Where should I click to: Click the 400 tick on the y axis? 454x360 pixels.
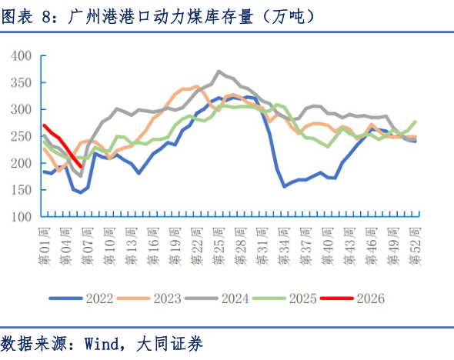click(20, 56)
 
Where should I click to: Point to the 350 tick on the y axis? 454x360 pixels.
click(20, 83)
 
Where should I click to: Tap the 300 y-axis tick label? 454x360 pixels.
click(20, 110)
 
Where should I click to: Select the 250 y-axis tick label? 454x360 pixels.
click(20, 137)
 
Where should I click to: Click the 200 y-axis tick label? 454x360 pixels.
click(20, 164)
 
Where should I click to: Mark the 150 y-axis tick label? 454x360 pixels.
click(20, 191)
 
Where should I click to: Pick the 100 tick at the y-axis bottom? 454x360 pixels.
click(20, 218)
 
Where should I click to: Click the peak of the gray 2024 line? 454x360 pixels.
click(220, 72)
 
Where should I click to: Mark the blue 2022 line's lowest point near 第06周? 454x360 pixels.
click(81, 192)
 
